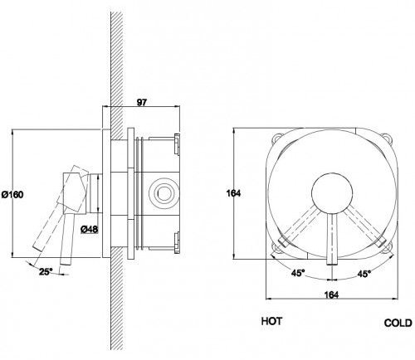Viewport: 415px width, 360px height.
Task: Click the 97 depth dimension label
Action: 142,103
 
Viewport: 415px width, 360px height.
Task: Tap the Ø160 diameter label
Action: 12,195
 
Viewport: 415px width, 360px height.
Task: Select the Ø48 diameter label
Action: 90,229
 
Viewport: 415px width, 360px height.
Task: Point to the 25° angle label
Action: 46,271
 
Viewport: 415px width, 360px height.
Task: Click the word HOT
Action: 272,321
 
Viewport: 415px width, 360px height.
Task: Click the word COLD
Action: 398,323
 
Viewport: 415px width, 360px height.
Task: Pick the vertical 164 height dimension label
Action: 233,193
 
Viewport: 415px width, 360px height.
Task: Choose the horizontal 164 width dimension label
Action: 331,294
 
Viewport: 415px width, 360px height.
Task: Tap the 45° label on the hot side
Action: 298,273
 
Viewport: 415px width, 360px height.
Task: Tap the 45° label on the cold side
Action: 364,274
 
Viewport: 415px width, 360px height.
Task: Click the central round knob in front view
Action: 332,193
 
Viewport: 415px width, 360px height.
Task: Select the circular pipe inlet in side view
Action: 164,192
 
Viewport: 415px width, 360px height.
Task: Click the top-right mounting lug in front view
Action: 387,139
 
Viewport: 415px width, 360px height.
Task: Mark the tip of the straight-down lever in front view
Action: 332,264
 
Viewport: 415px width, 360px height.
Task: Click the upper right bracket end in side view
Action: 177,144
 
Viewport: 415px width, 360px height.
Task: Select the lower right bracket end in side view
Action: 177,242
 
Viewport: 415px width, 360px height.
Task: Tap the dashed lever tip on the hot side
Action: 283,242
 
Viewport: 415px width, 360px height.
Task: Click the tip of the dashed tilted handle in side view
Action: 37,248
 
